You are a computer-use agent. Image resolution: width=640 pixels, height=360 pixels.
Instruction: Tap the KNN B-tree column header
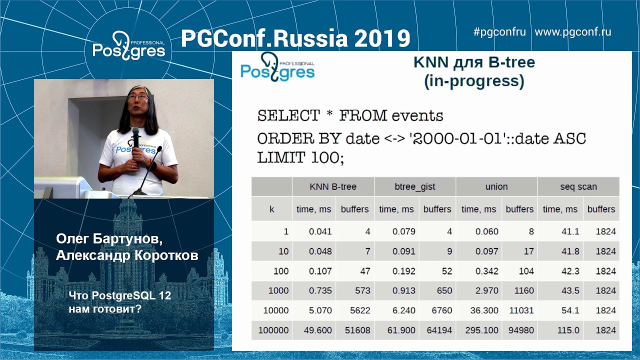(x=332, y=186)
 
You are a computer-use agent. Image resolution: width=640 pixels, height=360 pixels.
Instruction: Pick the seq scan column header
(x=578, y=186)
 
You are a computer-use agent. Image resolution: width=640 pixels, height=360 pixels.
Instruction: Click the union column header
(x=496, y=186)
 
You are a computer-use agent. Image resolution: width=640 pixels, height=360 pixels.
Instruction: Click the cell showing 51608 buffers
(x=355, y=330)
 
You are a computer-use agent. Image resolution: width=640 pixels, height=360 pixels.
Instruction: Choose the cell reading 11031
(x=520, y=310)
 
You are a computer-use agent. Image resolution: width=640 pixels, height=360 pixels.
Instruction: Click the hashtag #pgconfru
(x=499, y=32)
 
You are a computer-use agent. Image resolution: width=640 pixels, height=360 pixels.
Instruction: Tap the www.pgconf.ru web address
(x=572, y=32)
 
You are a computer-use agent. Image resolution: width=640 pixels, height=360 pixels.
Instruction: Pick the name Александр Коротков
(x=127, y=255)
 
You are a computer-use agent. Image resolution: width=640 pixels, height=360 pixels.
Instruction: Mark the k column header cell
(x=271, y=209)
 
